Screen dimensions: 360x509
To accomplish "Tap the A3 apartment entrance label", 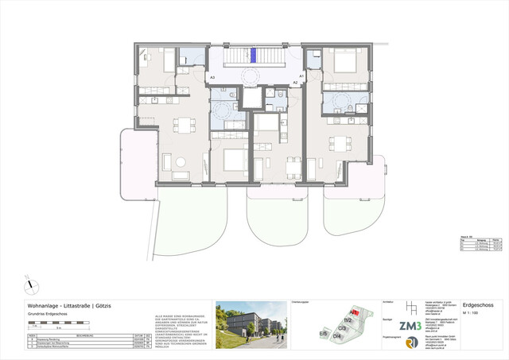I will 212,78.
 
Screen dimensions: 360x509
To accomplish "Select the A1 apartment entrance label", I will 301,75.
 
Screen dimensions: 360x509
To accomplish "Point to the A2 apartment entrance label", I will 295,82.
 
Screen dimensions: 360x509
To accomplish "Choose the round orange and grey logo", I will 410,343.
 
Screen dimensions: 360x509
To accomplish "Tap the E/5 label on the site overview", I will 324,333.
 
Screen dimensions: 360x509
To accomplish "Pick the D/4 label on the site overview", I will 337,337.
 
